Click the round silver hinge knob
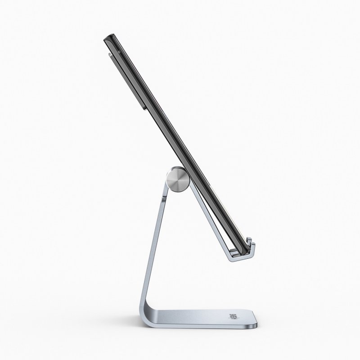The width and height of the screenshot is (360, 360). (176, 179)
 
